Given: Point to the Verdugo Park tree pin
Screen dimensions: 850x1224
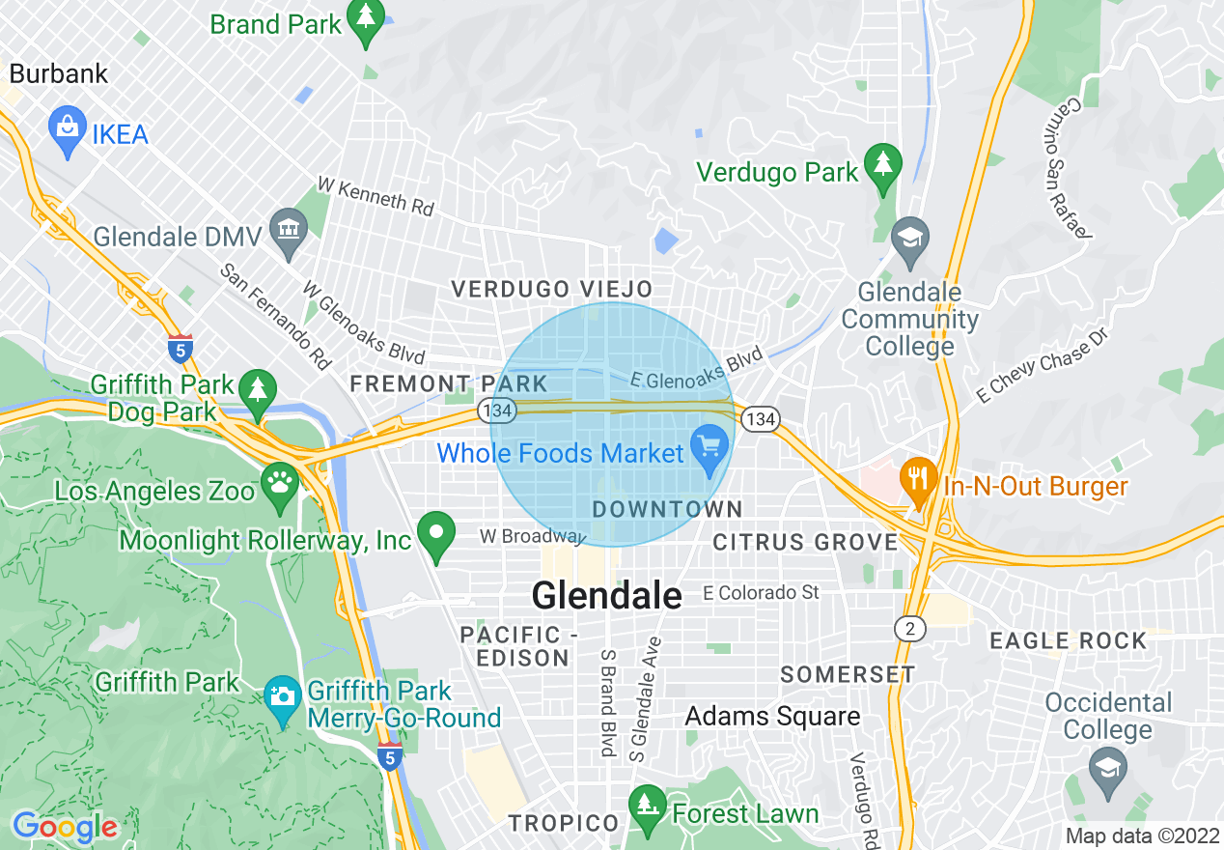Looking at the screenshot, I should [x=881, y=169].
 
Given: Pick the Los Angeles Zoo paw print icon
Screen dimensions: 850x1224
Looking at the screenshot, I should [x=282, y=486].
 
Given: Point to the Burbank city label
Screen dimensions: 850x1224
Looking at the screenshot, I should [x=59, y=73].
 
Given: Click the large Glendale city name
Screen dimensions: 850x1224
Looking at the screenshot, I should [x=606, y=595].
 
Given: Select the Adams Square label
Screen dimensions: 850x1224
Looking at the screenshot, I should [x=772, y=716].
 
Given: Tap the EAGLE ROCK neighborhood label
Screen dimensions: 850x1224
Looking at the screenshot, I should [x=1069, y=640].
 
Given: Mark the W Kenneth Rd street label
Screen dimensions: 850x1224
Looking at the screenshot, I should [x=376, y=196].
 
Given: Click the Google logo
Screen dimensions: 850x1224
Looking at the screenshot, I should [x=66, y=827].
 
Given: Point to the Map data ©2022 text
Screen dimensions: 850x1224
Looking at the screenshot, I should [x=1139, y=836].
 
